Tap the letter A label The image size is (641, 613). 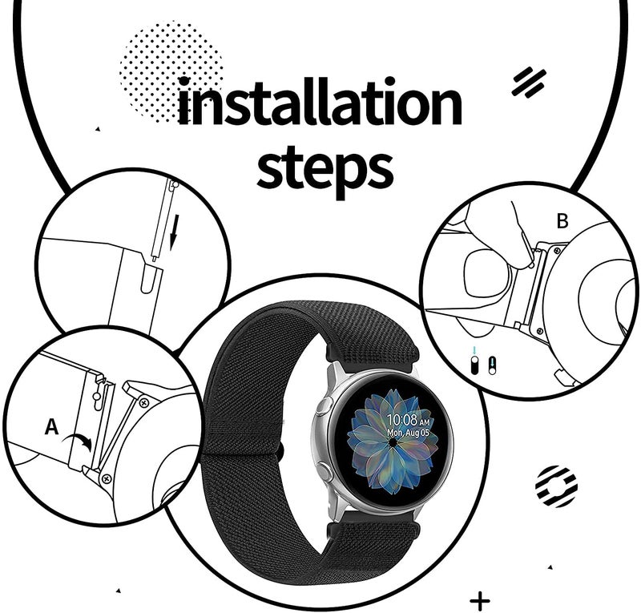51,427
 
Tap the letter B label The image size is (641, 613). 562,221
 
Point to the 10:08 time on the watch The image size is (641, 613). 403,420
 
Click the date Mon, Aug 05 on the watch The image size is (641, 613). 408,433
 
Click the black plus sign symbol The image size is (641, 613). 479,601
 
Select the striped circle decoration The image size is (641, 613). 556,486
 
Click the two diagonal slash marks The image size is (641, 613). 529,83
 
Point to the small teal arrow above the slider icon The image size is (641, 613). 474,351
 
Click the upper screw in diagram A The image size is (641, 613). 143,403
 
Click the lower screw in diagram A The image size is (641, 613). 107,478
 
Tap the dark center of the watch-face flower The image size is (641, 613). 393,443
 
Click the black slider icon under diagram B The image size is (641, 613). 474,365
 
